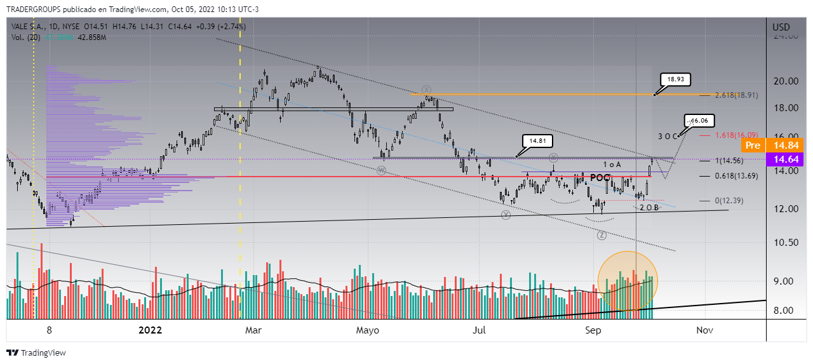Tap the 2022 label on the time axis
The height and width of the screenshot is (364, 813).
(151, 330)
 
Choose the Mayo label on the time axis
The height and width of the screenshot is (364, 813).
(367, 330)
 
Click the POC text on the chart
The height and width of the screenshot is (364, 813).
(601, 178)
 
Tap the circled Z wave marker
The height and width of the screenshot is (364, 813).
(601, 235)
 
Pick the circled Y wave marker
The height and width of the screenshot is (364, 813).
(506, 215)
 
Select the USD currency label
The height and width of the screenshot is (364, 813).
(781, 27)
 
